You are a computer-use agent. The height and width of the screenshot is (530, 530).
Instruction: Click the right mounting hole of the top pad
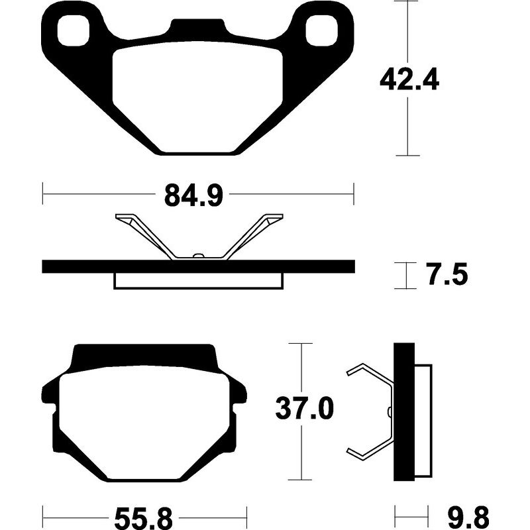324,30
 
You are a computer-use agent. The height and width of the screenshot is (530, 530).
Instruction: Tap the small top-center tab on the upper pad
197,27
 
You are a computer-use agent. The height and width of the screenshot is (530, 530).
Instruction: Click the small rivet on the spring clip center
197,256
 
